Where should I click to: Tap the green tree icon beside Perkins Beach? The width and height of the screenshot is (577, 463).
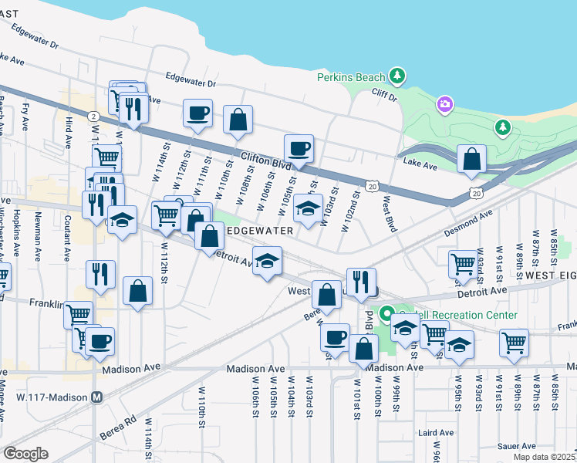pos(396,76)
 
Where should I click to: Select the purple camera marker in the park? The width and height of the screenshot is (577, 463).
pos(445,104)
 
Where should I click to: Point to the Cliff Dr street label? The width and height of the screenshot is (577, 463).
pos(382,98)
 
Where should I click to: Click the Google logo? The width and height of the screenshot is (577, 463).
pos(25,454)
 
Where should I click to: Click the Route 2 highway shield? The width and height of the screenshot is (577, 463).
pos(93,116)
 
